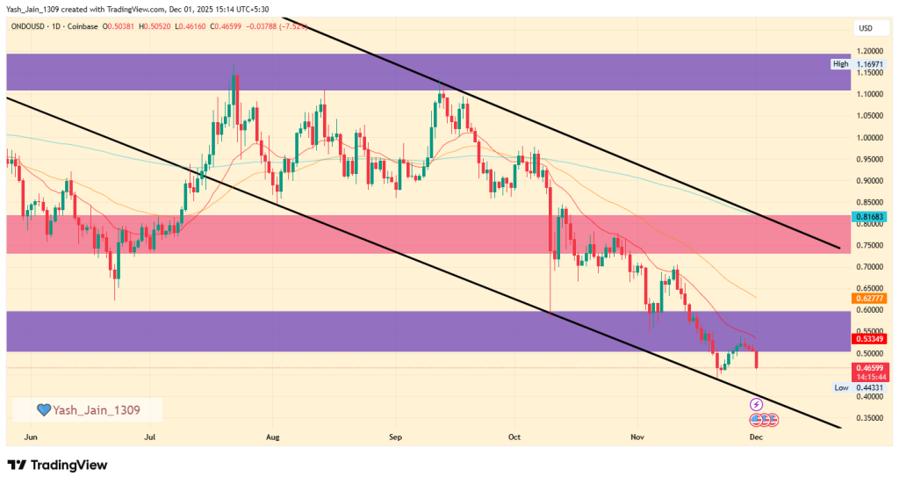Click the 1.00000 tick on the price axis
[869, 138]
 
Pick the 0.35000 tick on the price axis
[869, 418]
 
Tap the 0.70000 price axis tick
[869, 267]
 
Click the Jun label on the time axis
[31, 436]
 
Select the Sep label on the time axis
[395, 436]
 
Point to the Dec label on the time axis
[754, 436]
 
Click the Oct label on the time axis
[514, 436]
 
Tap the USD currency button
[864, 29]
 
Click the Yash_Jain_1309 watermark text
[97, 409]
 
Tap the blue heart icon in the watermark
[42, 409]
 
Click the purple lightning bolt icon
[756, 404]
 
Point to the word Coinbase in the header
[82, 26]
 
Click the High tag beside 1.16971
[841, 64]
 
